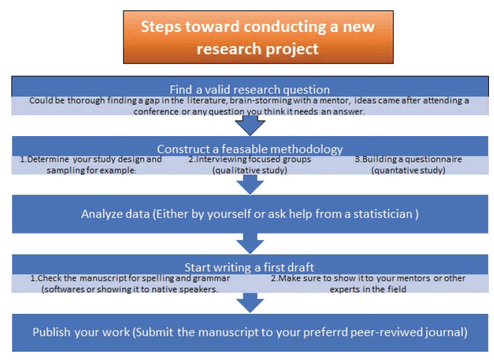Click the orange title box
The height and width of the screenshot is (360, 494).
pyautogui.click(x=258, y=37)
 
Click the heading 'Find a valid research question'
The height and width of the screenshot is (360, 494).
pyautogui.click(x=249, y=89)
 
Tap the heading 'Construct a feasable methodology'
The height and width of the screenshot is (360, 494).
pyautogui.click(x=250, y=148)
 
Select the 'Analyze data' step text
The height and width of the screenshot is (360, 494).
pyautogui.click(x=250, y=214)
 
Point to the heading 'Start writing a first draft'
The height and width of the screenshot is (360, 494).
pyautogui.click(x=249, y=267)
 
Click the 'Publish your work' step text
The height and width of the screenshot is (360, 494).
pyautogui.click(x=250, y=332)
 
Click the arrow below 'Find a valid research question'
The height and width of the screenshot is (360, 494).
pyautogui.click(x=250, y=125)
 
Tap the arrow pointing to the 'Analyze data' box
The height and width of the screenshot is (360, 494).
pyautogui.click(x=250, y=185)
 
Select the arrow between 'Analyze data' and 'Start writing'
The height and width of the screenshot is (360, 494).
pyautogui.click(x=250, y=244)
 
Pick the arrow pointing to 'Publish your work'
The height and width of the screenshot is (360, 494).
pyautogui.click(x=250, y=303)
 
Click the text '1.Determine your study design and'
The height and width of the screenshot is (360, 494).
pyautogui.click(x=90, y=159)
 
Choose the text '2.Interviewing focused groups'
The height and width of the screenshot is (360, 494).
pyautogui.click(x=250, y=159)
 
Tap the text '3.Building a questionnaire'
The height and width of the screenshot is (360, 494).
pyautogui.click(x=409, y=159)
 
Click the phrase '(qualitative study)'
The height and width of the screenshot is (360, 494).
pyautogui.click(x=250, y=170)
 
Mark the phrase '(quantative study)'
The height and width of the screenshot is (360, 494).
pyautogui.click(x=409, y=170)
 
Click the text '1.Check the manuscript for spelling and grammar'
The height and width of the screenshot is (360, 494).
pyautogui.click(x=130, y=278)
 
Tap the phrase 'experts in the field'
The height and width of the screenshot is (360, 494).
pyautogui.click(x=368, y=289)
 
